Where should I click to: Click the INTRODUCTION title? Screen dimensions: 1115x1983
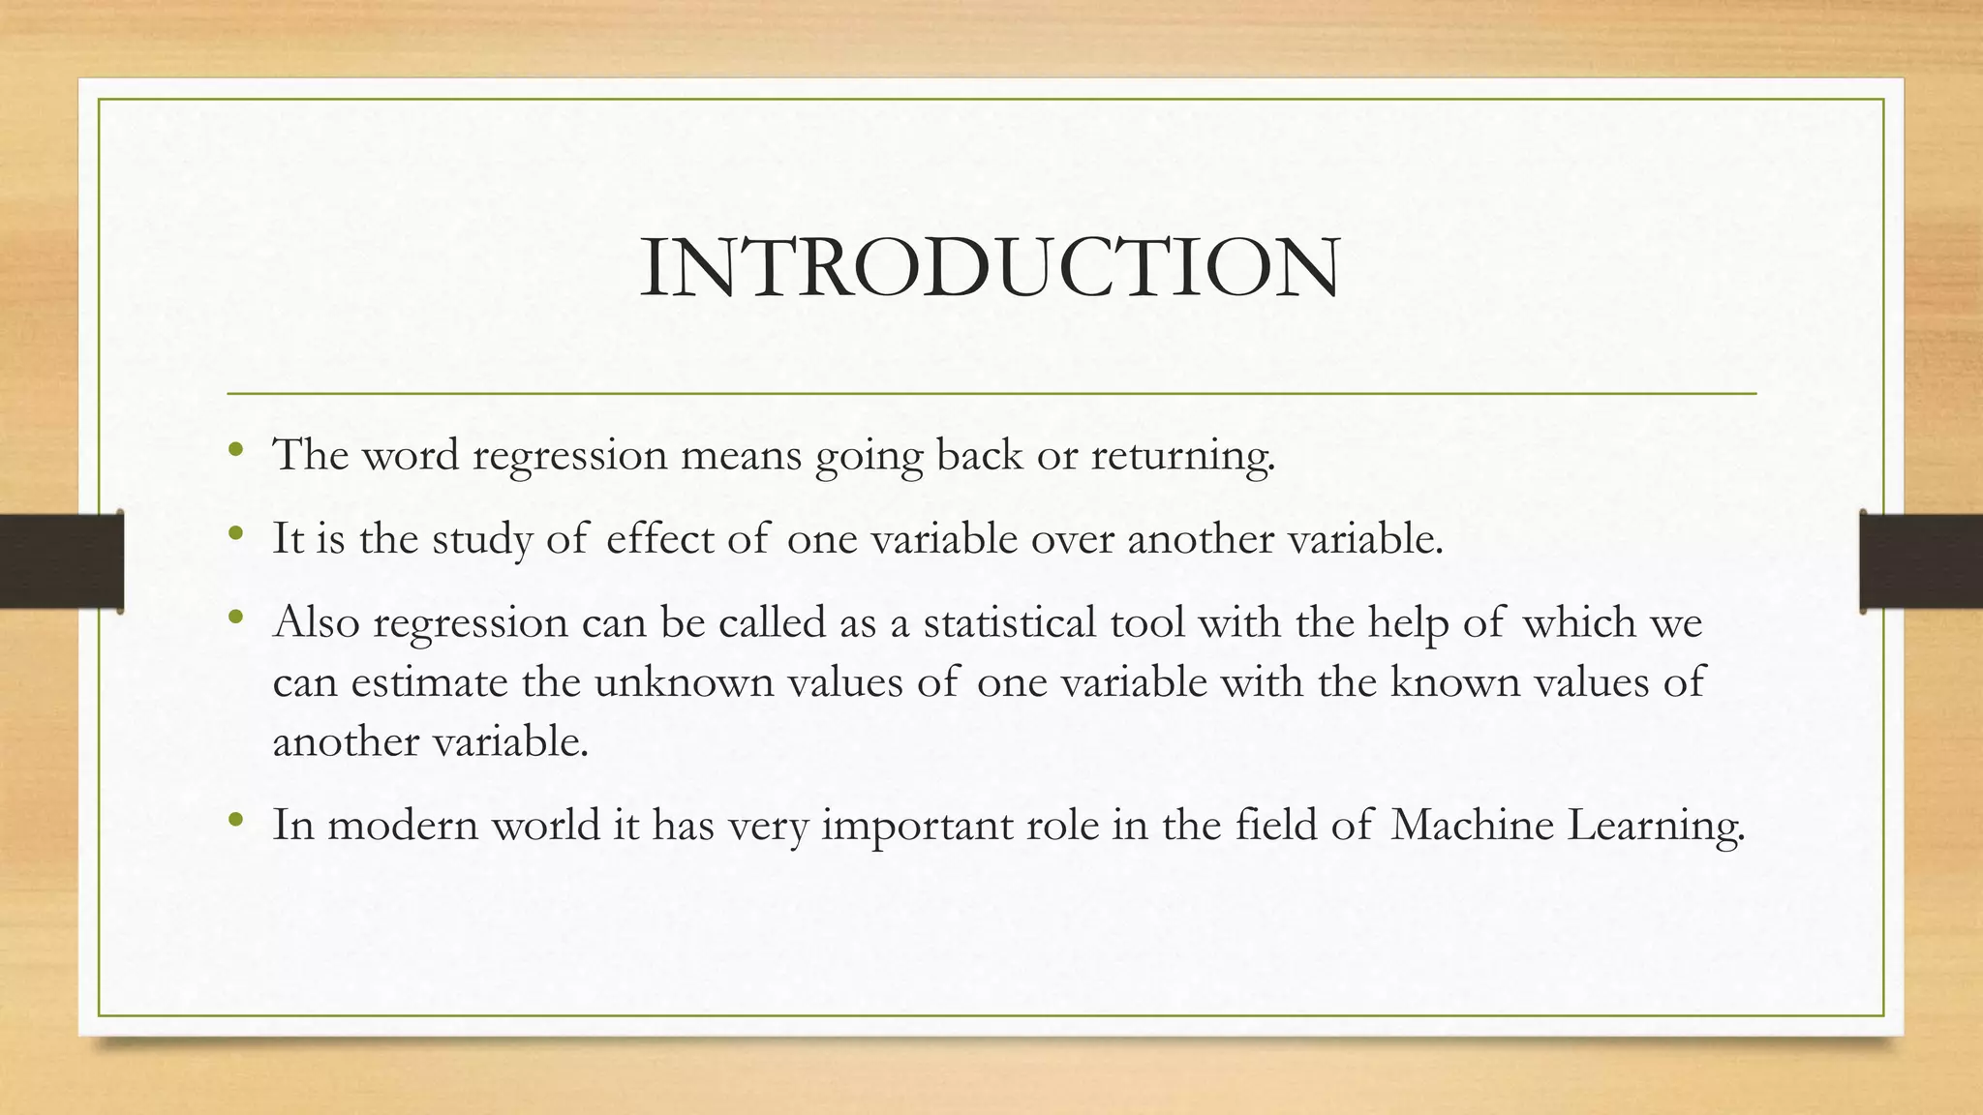click(990, 267)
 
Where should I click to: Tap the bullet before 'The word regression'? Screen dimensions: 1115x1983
click(235, 450)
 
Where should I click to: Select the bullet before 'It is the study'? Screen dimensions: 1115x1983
click(235, 533)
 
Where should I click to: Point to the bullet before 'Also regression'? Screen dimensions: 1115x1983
click(235, 617)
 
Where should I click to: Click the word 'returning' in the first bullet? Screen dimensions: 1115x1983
click(1182, 456)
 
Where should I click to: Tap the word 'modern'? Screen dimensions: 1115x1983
click(403, 825)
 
